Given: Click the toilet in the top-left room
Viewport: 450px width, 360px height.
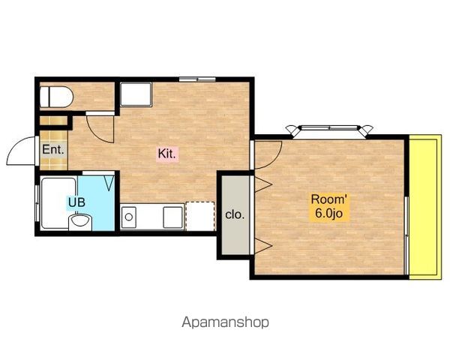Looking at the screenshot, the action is [x=56, y=97].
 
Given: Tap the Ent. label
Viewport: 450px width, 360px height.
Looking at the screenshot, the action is [x=53, y=149].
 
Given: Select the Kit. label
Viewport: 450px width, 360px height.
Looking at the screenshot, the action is [x=166, y=154].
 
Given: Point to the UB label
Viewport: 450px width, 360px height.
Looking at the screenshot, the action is [x=77, y=202].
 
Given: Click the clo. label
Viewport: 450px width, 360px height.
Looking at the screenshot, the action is [x=235, y=214].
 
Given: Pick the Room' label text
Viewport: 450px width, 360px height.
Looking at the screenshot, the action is [x=329, y=199].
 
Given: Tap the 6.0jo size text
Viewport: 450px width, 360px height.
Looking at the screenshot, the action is [x=329, y=213].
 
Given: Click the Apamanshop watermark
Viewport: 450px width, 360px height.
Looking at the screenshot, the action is [x=226, y=322].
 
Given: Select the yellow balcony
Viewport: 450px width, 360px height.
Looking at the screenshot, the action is [x=425, y=207].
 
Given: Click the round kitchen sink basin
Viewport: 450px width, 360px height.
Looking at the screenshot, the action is [x=129, y=217].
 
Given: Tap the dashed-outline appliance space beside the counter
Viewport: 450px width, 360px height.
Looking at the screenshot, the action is [x=200, y=216].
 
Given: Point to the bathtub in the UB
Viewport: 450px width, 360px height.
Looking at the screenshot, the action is [x=58, y=203].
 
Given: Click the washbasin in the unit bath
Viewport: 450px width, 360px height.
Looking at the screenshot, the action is [x=80, y=222].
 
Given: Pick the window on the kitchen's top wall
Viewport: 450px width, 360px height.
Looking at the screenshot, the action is [x=197, y=79].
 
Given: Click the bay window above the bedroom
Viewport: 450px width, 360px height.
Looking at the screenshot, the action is [x=329, y=130].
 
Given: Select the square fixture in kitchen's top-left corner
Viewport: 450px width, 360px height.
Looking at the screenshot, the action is [x=136, y=94].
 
